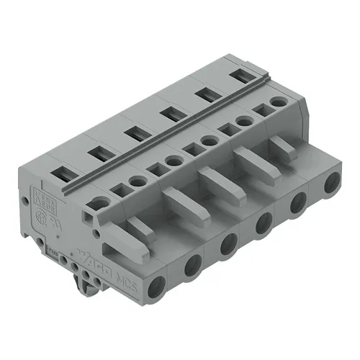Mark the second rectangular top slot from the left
(96, 153)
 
